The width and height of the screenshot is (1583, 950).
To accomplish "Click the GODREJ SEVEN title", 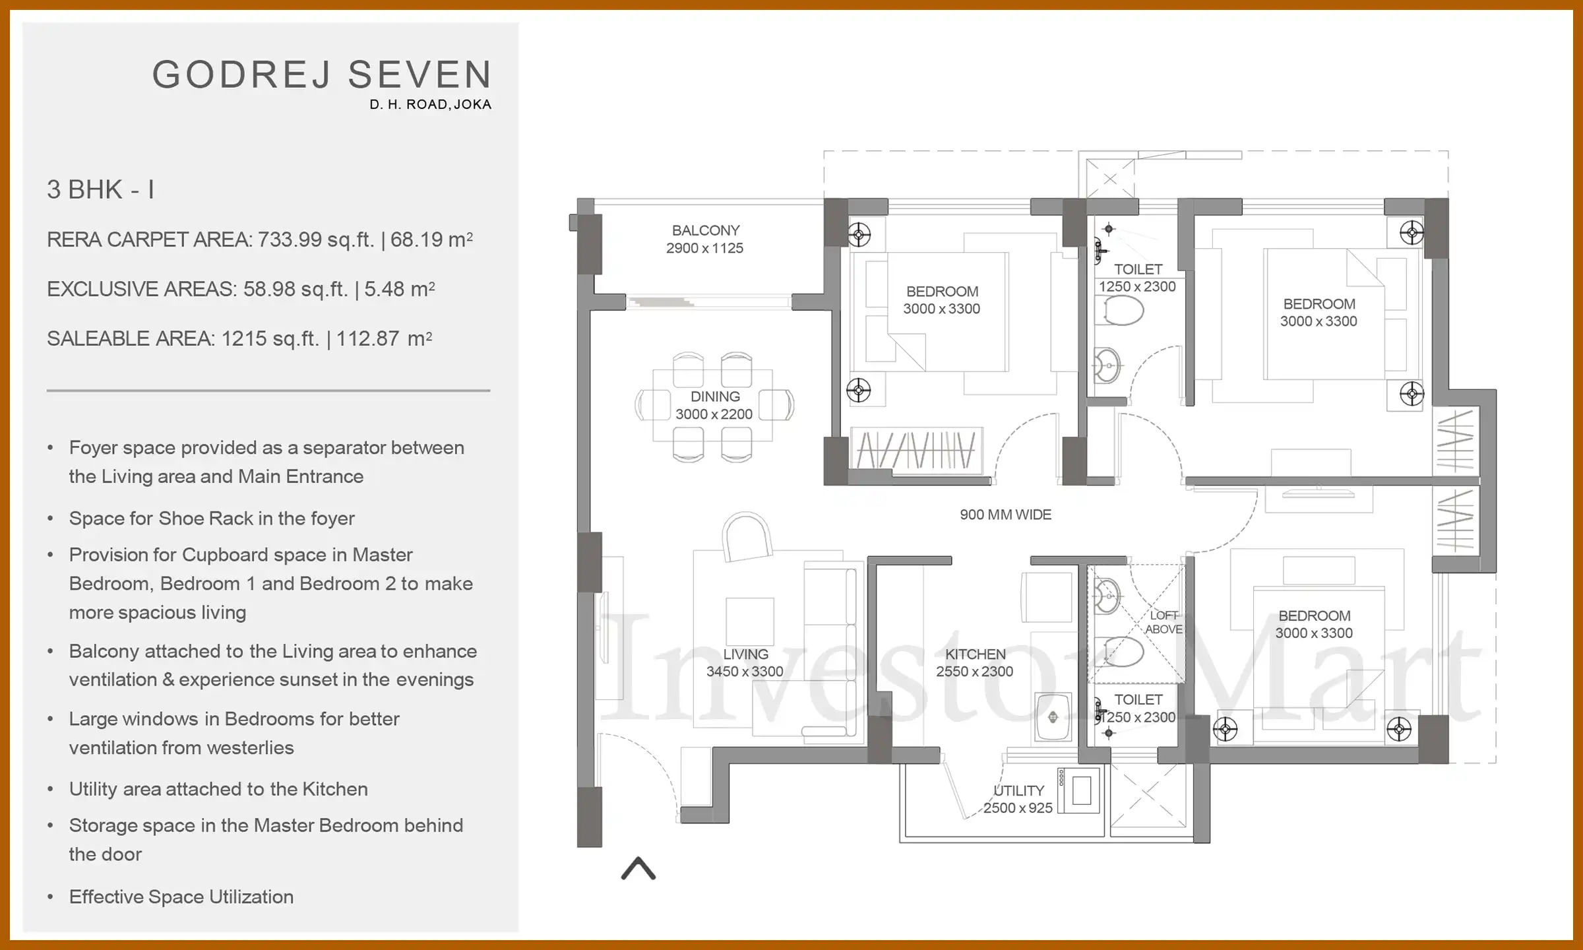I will coord(322,75).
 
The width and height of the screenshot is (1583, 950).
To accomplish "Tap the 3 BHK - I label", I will coord(100,190).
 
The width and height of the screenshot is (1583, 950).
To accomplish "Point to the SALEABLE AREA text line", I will coord(239,338).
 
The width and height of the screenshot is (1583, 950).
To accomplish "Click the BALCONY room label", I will coord(705,239).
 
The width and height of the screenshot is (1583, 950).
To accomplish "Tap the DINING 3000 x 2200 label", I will coord(714,405).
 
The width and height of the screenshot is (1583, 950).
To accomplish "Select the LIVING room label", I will coord(745,662).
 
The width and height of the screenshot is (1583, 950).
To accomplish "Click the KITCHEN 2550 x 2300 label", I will coord(975,662).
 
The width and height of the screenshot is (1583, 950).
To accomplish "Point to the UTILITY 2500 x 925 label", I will coord(1018,799).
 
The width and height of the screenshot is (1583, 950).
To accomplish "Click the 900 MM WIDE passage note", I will coord(1005,515).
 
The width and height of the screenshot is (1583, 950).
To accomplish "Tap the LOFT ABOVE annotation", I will coord(1164,622).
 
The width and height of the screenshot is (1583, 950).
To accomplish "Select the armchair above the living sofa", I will coord(747,537).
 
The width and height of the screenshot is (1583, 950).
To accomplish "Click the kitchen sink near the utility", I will coord(1053,716).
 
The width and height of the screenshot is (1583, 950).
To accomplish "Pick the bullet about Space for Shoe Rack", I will coord(212,519).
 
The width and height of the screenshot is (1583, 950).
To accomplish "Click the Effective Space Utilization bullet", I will coord(181,897).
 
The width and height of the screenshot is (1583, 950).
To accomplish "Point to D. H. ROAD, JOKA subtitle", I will coord(430,104).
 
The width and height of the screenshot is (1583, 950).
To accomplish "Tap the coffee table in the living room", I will coord(750,621).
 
